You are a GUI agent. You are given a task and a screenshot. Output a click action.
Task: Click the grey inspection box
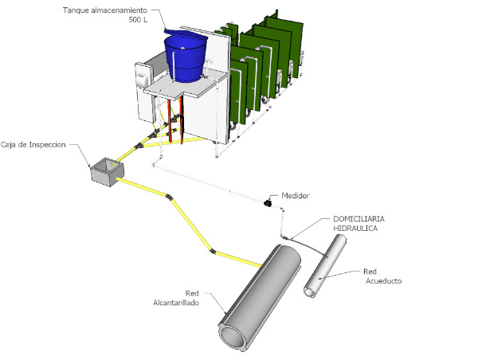tap(106, 170)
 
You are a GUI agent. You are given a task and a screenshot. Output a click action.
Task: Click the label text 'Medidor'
tap(295, 196)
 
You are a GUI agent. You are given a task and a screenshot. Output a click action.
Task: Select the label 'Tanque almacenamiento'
tap(112, 10)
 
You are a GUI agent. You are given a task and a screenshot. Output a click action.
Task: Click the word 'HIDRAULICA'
tap(355, 229)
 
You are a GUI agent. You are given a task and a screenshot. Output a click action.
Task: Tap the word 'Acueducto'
tap(384, 282)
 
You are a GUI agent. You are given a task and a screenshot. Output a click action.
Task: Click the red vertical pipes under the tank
tap(182, 119)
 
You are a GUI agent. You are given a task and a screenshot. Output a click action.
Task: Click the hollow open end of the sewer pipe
tap(233, 337)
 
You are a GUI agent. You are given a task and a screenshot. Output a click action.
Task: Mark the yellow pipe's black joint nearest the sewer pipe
tap(214, 253)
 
